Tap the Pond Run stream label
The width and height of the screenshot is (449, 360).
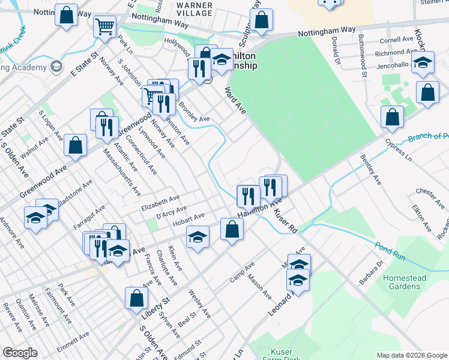coord(388,251)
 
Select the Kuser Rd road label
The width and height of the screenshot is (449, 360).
coord(286,221)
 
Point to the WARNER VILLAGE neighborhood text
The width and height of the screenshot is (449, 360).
coord(194,8)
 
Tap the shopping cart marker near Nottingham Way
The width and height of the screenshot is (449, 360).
coord(105,27)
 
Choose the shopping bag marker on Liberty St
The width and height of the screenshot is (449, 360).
coord(137,298)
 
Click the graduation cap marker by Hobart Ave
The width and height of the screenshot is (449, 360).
coord(197,237)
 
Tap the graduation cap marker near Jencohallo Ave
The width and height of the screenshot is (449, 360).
coord(423,62)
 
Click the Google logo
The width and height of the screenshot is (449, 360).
coord(20,353)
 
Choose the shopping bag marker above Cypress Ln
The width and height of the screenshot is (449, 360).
coord(392,117)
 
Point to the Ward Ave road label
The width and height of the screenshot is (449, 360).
coord(235,100)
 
